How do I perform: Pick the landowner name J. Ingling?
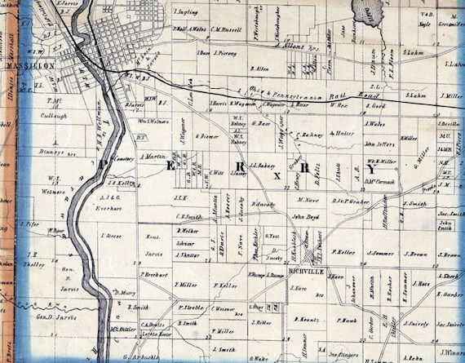click(x=187, y=14)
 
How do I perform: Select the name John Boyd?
click(x=304, y=217)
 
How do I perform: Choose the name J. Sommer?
click(x=380, y=253)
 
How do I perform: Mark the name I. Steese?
click(x=110, y=236)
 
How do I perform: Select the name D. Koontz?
click(x=308, y=320)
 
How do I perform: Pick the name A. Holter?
click(x=343, y=132)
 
